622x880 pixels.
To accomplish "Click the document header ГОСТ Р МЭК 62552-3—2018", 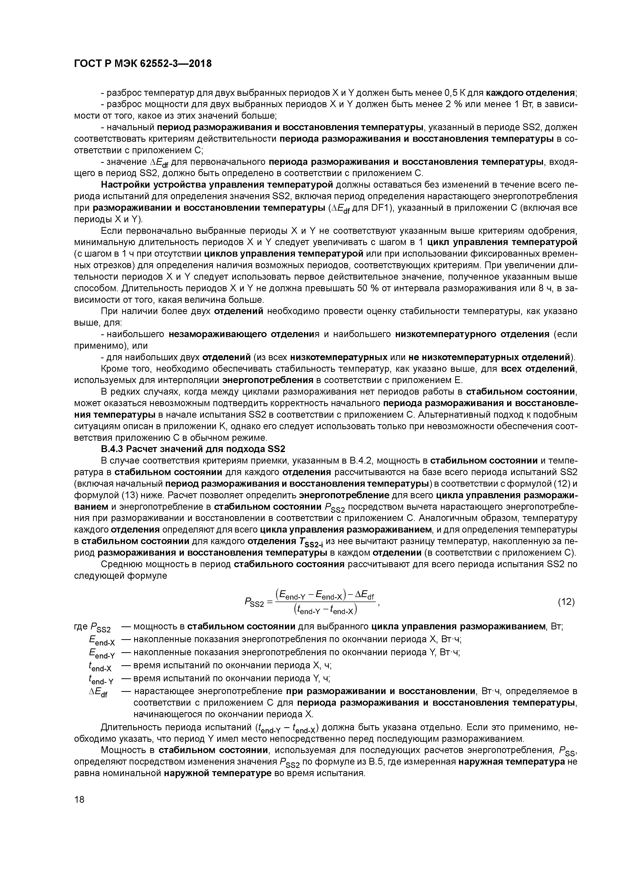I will [142, 64].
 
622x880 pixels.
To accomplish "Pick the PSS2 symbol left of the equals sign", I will [254, 603].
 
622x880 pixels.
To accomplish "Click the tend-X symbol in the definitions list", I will [100, 667].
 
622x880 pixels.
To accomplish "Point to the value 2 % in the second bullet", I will [453, 105].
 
